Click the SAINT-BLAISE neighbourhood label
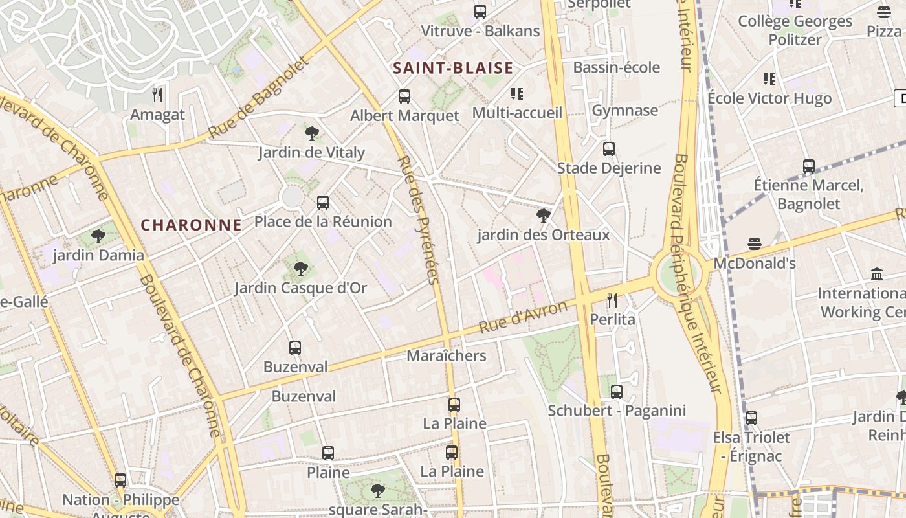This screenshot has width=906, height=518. coord(452,68)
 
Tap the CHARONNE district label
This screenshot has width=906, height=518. coord(191,225)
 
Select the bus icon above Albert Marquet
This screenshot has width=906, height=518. coord(404,96)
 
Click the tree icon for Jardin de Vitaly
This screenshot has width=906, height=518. coord(311,133)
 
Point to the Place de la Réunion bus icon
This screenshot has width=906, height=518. coord(323,203)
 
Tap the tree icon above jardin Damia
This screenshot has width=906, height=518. coord(98,236)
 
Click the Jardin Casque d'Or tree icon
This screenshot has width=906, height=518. coord(300,269)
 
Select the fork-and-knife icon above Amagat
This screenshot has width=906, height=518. coord(157,96)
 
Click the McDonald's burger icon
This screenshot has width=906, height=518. coord(754,244)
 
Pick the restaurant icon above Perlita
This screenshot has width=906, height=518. coord(612,300)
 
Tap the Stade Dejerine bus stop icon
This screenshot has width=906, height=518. coord(609,149)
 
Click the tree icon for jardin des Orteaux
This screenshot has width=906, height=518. coord(544,216)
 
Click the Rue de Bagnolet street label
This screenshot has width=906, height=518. coord(260,98)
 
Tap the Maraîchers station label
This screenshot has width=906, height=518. coord(446,355)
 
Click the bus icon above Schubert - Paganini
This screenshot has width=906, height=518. coord(617,391)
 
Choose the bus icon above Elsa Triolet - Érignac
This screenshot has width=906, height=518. coord(751,418)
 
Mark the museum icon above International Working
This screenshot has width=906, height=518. coord(877,274)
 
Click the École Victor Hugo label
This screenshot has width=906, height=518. coord(769,98)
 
